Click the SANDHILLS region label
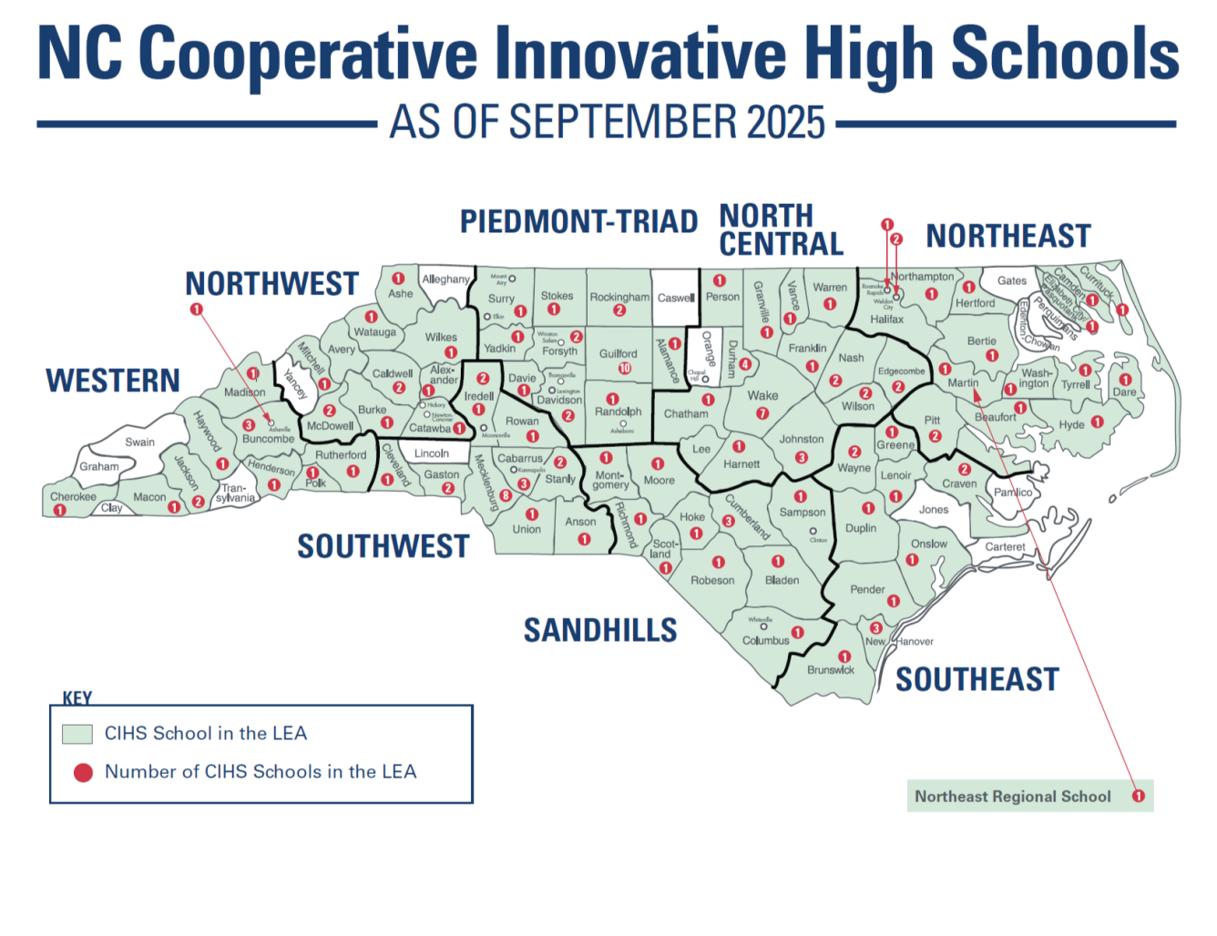coord(600,630)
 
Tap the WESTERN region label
coord(113,381)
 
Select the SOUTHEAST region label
coord(977,679)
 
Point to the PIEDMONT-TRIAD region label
coord(578,221)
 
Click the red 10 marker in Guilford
coord(625,369)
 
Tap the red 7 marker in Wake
coord(762,413)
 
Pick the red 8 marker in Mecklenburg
coord(506,496)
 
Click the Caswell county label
coord(676,298)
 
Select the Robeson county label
coord(712,580)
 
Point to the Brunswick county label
coord(831,670)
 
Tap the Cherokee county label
coord(73,497)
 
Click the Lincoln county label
coord(432,453)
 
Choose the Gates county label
coord(1011,280)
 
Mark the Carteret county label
coord(1005,547)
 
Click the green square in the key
coord(77,734)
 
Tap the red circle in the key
coord(83,773)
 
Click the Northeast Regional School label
coord(1012,797)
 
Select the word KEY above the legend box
coord(77,698)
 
